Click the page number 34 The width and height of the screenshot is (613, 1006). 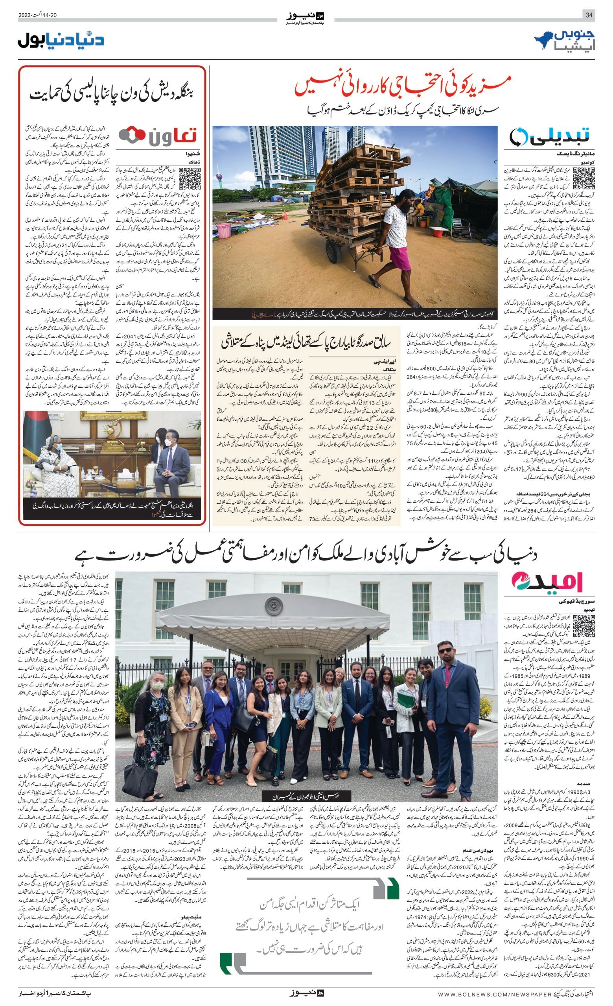click(589, 15)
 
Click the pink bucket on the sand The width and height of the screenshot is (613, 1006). click(224, 230)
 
